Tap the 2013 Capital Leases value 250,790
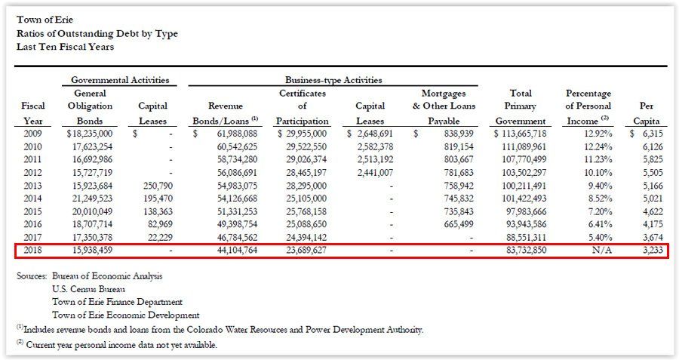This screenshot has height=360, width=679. tap(158, 185)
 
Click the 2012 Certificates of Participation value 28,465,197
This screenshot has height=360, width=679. tap(303, 172)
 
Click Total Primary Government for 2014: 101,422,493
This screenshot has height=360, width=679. tap(520, 198)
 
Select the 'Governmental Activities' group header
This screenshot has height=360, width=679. tap(120, 80)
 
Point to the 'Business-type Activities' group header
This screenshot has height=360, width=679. tap(333, 80)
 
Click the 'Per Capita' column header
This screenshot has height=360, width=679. tap(648, 113)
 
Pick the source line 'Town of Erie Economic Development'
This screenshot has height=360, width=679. tap(125, 315)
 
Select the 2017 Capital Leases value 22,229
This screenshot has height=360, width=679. tap(160, 236)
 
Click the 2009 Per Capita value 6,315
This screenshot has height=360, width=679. tap(648, 134)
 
